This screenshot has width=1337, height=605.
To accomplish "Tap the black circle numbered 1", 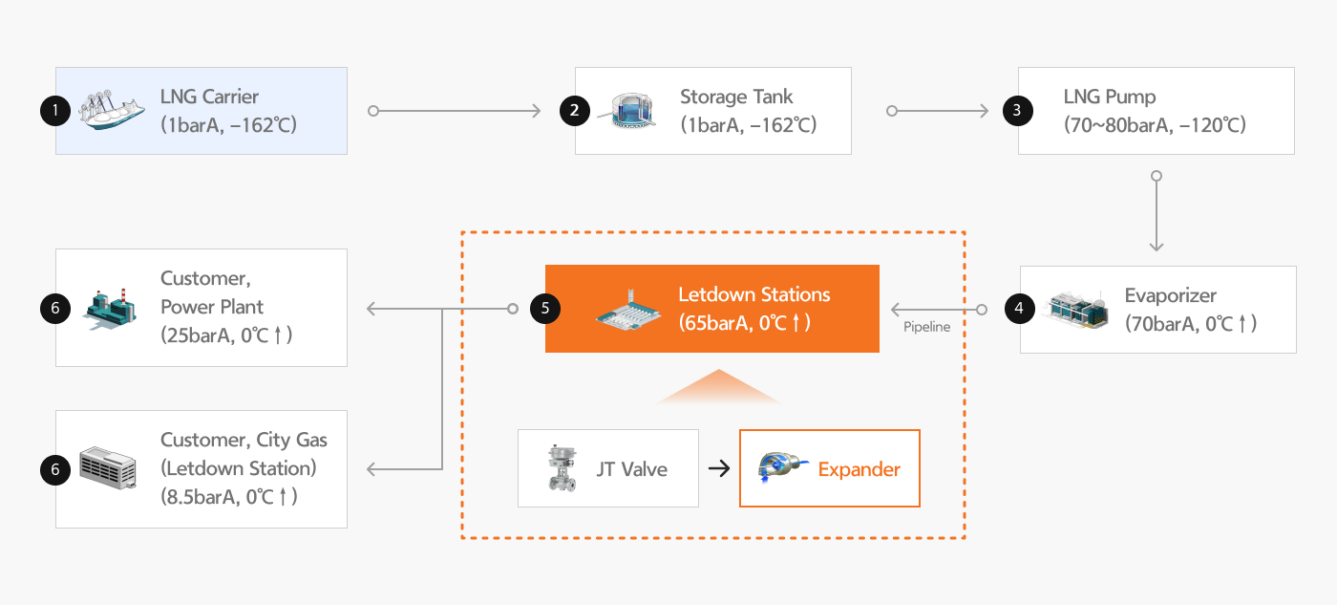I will click(55, 111).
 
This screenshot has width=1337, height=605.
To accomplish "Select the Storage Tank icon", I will click(625, 111).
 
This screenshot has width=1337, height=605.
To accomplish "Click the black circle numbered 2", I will click(574, 111).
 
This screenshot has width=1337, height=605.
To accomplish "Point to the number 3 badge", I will click(1017, 111).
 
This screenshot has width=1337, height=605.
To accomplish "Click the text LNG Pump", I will click(1110, 97).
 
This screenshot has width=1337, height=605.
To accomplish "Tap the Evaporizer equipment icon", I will click(1079, 310).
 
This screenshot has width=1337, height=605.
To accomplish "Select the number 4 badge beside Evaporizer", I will click(1020, 309).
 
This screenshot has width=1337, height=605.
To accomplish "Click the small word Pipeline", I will click(926, 328).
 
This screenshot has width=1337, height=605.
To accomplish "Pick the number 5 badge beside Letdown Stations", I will click(545, 309).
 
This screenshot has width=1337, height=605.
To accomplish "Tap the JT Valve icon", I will click(560, 468).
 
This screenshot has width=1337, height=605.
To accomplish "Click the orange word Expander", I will click(859, 469).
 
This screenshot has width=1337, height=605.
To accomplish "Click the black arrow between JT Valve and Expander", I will click(718, 468).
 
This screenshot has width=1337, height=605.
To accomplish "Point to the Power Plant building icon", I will click(110, 309).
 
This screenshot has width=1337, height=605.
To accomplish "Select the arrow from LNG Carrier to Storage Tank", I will click(456, 111).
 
